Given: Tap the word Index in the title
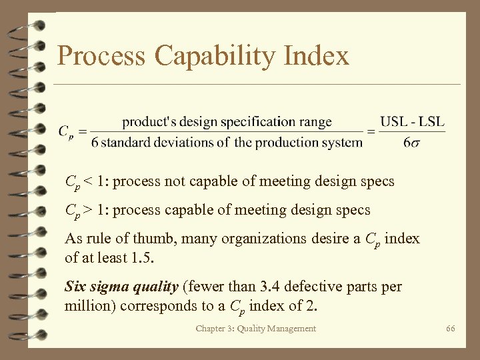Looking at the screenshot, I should point(316,56).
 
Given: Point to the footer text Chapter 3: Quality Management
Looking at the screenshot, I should point(256,329).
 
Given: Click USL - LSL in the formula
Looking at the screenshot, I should point(412,122).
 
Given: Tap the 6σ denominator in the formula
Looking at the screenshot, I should point(412,142).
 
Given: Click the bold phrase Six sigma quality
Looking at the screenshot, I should point(121,287).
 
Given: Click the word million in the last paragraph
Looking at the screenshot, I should point(87,307).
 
